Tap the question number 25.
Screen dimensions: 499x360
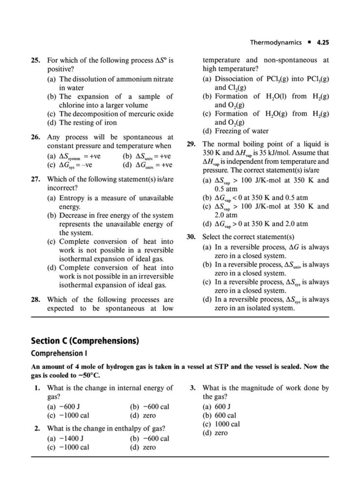[x=36, y=61]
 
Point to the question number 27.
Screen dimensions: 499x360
[x=36, y=178]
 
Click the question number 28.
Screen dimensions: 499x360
[x=36, y=300]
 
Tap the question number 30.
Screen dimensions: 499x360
[x=191, y=237]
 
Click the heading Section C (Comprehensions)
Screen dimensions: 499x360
[x=85, y=341]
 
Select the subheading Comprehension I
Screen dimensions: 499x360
[x=59, y=352]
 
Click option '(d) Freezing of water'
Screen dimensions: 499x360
[x=235, y=131]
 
